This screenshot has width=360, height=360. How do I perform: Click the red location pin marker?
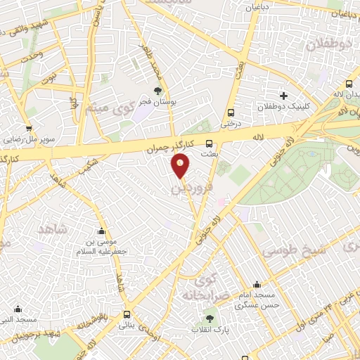(181, 166)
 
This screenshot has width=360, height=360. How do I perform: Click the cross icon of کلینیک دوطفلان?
(283, 96)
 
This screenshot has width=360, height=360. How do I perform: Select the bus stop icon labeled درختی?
(231, 112)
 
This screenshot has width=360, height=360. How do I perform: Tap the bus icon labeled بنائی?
(127, 314)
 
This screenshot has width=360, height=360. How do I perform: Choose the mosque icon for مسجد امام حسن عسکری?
(257, 285)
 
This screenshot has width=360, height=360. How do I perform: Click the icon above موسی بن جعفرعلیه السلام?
(102, 232)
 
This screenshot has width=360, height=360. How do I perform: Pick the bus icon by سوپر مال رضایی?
(28, 128)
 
